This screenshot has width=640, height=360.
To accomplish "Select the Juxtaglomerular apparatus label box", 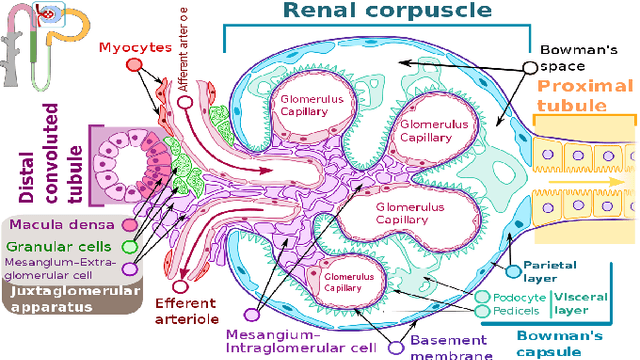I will click(60, 301).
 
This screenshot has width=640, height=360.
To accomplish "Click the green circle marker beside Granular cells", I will click(128, 247).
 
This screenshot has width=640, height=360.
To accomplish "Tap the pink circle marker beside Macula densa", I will click(128, 227).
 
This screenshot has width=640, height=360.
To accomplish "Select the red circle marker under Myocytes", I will click(134, 64).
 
